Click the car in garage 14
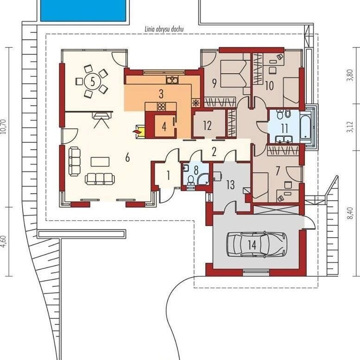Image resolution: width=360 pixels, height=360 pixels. click(257, 244)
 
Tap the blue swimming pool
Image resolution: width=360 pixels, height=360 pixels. click(83, 11)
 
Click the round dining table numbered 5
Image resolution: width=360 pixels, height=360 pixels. click(93, 81)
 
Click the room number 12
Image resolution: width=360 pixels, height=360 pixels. click(207, 126)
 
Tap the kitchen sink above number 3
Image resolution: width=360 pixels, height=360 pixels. click(172, 80)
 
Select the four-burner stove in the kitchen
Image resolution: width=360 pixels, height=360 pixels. click(161, 106)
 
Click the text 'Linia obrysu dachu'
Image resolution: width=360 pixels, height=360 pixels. click(164, 29)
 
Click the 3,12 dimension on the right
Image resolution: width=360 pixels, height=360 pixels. click(350, 127)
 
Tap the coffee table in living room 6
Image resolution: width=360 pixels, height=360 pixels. click(100, 162)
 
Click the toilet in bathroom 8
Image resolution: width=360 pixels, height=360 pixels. click(190, 180)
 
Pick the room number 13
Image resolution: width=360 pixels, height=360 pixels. click(230, 185)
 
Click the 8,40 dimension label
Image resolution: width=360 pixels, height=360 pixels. click(350, 213)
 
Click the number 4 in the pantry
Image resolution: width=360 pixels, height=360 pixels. click(164, 126)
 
